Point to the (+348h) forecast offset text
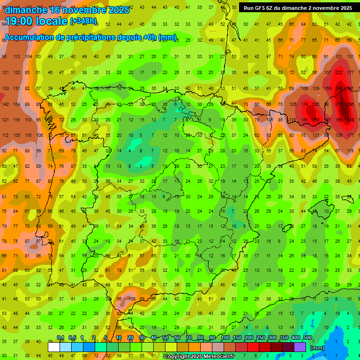point(83,21)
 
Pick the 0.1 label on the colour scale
point(60,337)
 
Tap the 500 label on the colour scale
point(307,337)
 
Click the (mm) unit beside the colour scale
point(317,348)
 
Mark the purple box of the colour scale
point(300,347)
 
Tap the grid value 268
point(316,120)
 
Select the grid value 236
point(316,104)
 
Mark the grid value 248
point(339,88)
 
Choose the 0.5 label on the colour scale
point(72,337)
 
